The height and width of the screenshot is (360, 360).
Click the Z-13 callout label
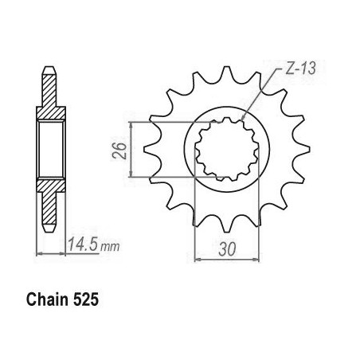coord(301,68)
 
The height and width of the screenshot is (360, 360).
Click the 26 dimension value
coord(119,151)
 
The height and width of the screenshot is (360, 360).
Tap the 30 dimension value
coord(227,249)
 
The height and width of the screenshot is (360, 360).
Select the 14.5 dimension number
coord(84,244)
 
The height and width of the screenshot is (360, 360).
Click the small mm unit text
coord(110,247)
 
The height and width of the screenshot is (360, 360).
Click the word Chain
coord(48,299)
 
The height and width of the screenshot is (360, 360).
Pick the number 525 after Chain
coord(85,299)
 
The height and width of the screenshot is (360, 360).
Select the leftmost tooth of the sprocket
coord(149,150)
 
